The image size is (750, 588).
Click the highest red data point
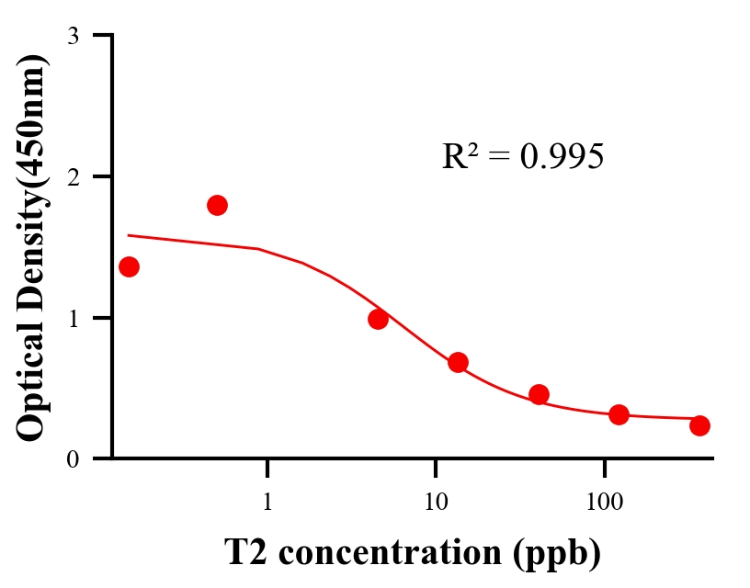(x=217, y=205)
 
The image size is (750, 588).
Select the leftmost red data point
(x=130, y=266)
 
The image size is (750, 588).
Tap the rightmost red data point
(x=699, y=425)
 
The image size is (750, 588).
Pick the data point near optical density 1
(x=378, y=319)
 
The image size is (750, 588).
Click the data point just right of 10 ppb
(x=458, y=362)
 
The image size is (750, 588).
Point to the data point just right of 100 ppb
(x=619, y=414)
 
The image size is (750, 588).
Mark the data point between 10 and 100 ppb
(x=539, y=394)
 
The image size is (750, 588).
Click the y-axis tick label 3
(x=73, y=36)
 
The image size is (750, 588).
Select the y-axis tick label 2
(x=73, y=176)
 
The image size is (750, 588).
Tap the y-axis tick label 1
(x=73, y=318)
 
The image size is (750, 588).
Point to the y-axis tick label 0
(x=73, y=459)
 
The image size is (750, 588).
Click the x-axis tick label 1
(x=267, y=503)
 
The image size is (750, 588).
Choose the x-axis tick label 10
(x=436, y=503)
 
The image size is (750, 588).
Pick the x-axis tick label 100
(x=604, y=503)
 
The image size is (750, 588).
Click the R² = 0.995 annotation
(x=522, y=156)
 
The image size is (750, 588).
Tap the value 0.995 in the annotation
(x=562, y=157)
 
